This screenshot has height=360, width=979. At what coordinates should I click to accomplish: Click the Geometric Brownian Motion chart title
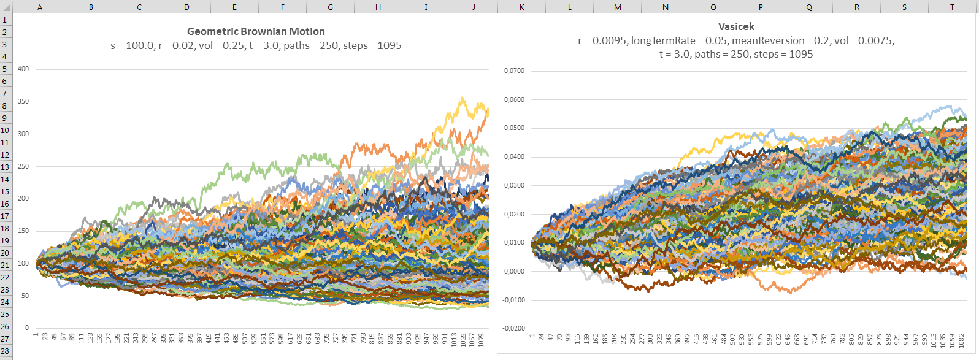[256, 31]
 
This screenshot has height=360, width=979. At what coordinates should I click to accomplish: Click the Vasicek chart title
[736, 26]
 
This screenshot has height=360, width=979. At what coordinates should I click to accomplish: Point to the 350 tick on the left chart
[23, 101]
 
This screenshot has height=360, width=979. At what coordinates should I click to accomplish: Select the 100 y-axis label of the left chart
[23, 263]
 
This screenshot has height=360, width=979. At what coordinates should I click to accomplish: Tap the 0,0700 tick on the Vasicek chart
[514, 71]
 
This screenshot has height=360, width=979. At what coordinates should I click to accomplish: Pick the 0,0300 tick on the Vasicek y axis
[514, 185]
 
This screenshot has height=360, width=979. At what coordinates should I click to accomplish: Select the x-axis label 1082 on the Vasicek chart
[959, 340]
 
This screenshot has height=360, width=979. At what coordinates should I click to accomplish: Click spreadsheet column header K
[521, 7]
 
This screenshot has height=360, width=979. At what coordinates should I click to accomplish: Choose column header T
[952, 7]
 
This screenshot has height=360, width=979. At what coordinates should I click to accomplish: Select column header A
[40, 7]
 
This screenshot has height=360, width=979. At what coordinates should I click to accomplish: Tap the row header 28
[5, 351]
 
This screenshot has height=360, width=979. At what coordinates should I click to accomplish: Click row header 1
[5, 20]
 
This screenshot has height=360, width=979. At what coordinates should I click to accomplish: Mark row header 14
[5, 179]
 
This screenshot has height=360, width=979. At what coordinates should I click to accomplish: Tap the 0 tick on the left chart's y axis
[26, 328]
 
